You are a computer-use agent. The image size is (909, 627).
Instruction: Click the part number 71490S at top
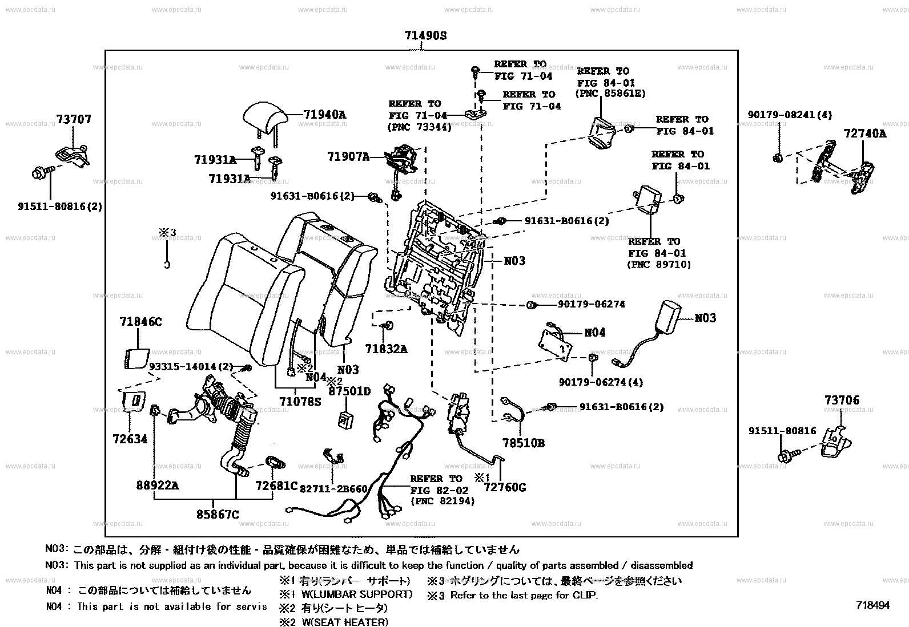[425, 36]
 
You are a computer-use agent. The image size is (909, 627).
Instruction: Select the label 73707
[74, 120]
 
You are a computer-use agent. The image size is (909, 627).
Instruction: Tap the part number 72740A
[865, 134]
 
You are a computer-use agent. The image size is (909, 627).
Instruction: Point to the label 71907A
[348, 156]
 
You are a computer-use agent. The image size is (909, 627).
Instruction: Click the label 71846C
[140, 322]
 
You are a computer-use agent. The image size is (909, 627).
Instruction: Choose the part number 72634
[130, 439]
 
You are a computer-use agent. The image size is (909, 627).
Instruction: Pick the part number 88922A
[158, 486]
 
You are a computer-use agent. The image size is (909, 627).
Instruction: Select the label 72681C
[276, 486]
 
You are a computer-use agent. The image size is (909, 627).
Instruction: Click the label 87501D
[349, 391]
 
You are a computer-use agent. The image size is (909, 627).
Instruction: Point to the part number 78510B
[523, 443]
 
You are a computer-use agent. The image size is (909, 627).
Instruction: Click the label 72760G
[505, 487]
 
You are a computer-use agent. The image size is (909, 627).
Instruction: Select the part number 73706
[841, 401]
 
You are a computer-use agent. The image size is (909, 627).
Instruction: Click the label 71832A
[386, 349]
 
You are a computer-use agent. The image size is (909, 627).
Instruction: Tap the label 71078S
[300, 401]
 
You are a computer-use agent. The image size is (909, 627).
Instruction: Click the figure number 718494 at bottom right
[872, 605]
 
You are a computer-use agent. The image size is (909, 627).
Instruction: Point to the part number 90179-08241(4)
[790, 115]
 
